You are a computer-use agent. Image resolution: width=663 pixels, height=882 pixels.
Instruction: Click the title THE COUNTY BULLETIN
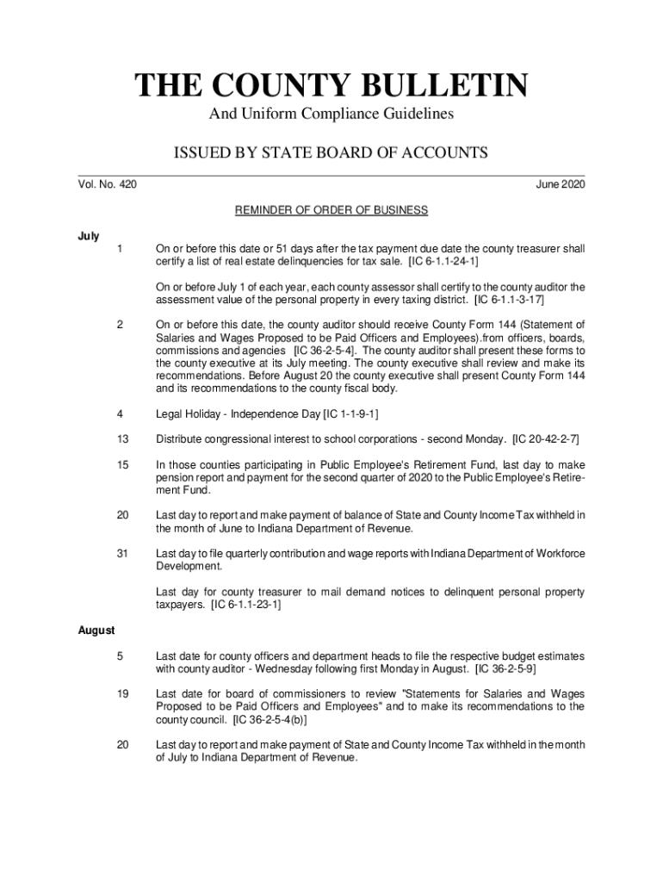[x=331, y=85]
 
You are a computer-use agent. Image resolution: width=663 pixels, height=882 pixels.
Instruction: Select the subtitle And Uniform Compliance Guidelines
[x=331, y=114]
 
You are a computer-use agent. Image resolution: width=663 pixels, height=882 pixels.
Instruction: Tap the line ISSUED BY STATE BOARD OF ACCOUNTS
[x=331, y=152]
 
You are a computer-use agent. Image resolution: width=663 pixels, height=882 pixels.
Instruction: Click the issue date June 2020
[x=560, y=183]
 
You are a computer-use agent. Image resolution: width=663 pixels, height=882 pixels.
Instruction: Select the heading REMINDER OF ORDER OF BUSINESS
[x=331, y=210]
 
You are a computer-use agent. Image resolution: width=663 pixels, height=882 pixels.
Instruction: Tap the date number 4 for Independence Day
[x=121, y=415]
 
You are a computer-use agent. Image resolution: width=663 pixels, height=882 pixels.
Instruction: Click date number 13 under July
[x=122, y=440]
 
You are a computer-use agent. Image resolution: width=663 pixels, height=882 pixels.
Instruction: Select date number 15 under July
[x=122, y=465]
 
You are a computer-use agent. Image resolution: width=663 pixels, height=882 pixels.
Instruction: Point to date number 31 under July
[x=122, y=553]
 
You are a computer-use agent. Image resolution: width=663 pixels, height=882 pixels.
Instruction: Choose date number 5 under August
[x=121, y=656]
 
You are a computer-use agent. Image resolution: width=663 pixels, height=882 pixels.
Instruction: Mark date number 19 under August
[x=122, y=694]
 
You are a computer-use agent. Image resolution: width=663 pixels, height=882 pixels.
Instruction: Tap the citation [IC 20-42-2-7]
[x=547, y=440]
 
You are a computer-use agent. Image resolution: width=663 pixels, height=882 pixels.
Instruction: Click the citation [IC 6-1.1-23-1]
[x=245, y=605]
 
